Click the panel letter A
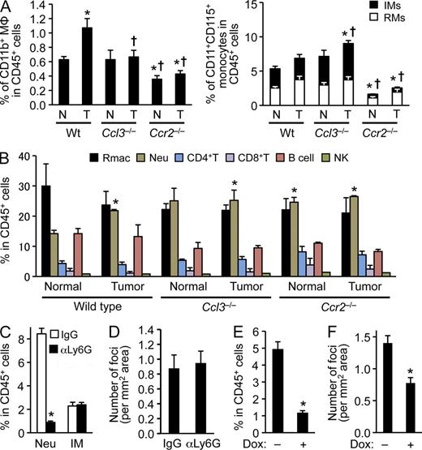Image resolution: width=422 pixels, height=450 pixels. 7,7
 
